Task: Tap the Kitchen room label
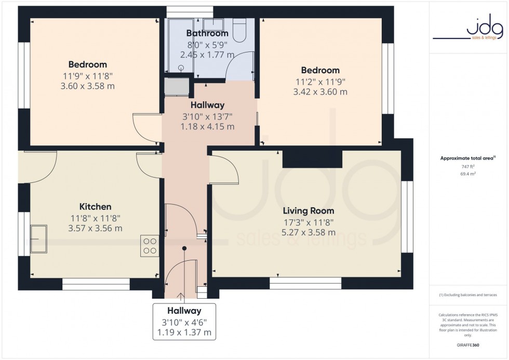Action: click(95, 207)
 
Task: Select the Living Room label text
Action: click(308, 211)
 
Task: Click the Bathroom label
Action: click(207, 33)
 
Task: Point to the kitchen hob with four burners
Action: click(150, 246)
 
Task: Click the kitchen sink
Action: click(38, 239)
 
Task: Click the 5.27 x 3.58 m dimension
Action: click(308, 232)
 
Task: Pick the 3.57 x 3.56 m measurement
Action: click(95, 228)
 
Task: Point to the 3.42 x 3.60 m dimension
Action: click(320, 92)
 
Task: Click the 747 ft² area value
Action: click(468, 167)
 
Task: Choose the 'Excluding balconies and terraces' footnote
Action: click(468, 295)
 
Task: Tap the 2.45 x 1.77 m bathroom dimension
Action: click(207, 55)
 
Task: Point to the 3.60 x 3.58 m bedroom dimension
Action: click(87, 86)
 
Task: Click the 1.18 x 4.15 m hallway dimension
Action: click(207, 126)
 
